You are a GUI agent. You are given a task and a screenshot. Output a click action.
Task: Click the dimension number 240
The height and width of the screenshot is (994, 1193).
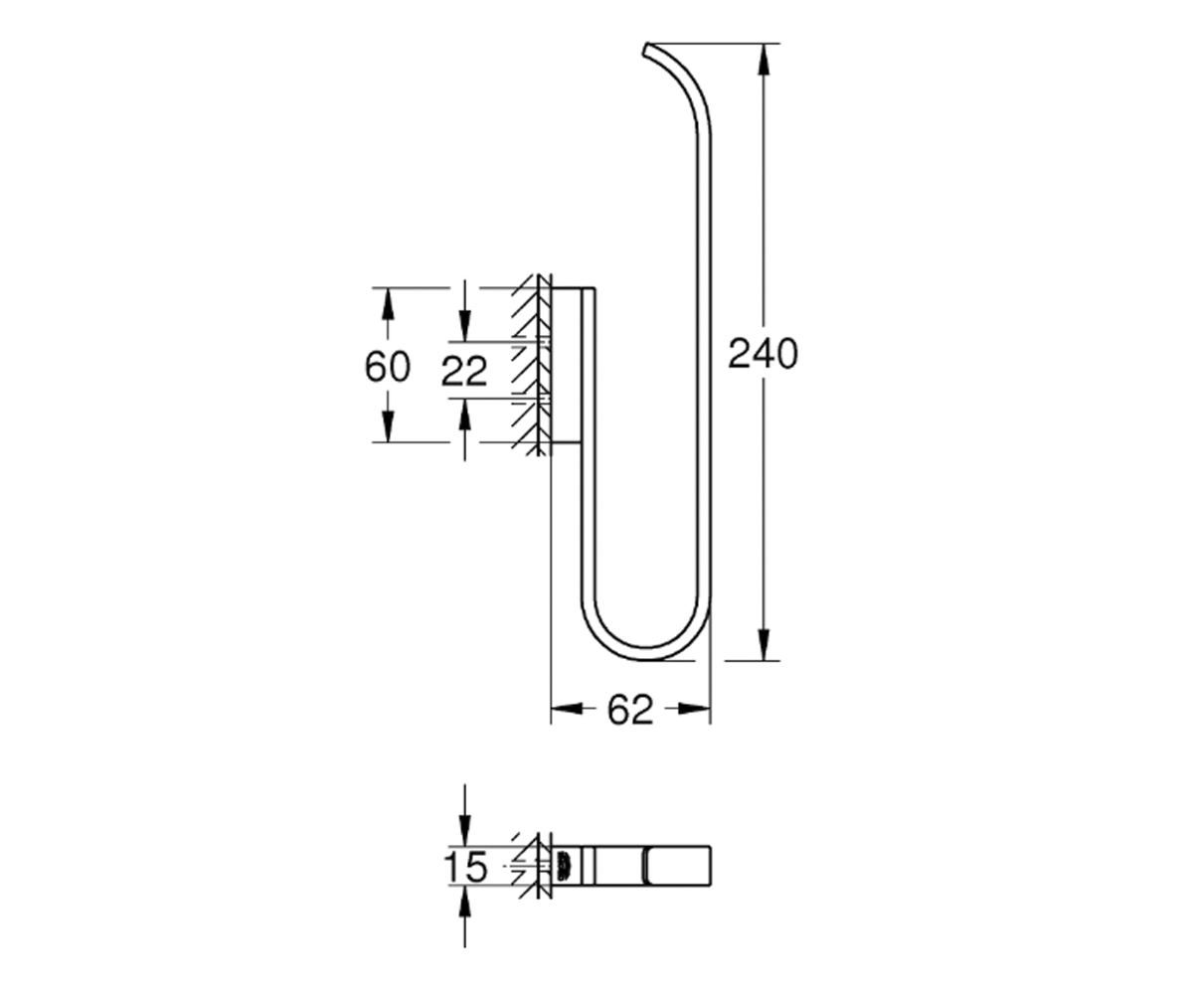point(763,354)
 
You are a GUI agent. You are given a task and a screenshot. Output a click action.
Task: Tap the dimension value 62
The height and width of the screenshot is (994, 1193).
point(629,710)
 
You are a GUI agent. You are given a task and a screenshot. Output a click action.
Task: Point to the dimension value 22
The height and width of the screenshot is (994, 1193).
point(464,371)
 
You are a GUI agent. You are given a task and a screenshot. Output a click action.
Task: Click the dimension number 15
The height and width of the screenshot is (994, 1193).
point(465,867)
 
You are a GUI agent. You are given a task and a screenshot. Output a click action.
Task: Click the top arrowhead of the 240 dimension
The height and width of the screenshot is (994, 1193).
point(764,60)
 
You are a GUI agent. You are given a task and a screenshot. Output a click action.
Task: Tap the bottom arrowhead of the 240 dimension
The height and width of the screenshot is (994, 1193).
point(764,644)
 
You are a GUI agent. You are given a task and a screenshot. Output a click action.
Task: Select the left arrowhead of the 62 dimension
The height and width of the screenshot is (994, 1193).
point(567,709)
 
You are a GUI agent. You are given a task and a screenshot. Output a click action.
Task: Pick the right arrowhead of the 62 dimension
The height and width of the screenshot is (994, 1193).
point(694,709)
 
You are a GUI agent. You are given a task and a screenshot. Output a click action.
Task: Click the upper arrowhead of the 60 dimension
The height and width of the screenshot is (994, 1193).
point(388,304)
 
